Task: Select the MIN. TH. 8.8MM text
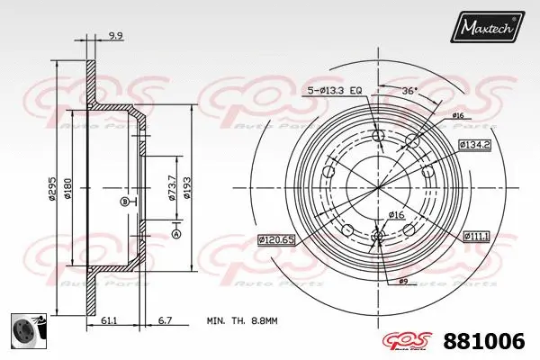click(243, 319)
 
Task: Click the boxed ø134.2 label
click(473, 144)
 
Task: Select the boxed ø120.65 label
click(277, 239)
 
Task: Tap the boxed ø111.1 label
click(477, 236)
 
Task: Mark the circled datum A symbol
click(175, 234)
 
